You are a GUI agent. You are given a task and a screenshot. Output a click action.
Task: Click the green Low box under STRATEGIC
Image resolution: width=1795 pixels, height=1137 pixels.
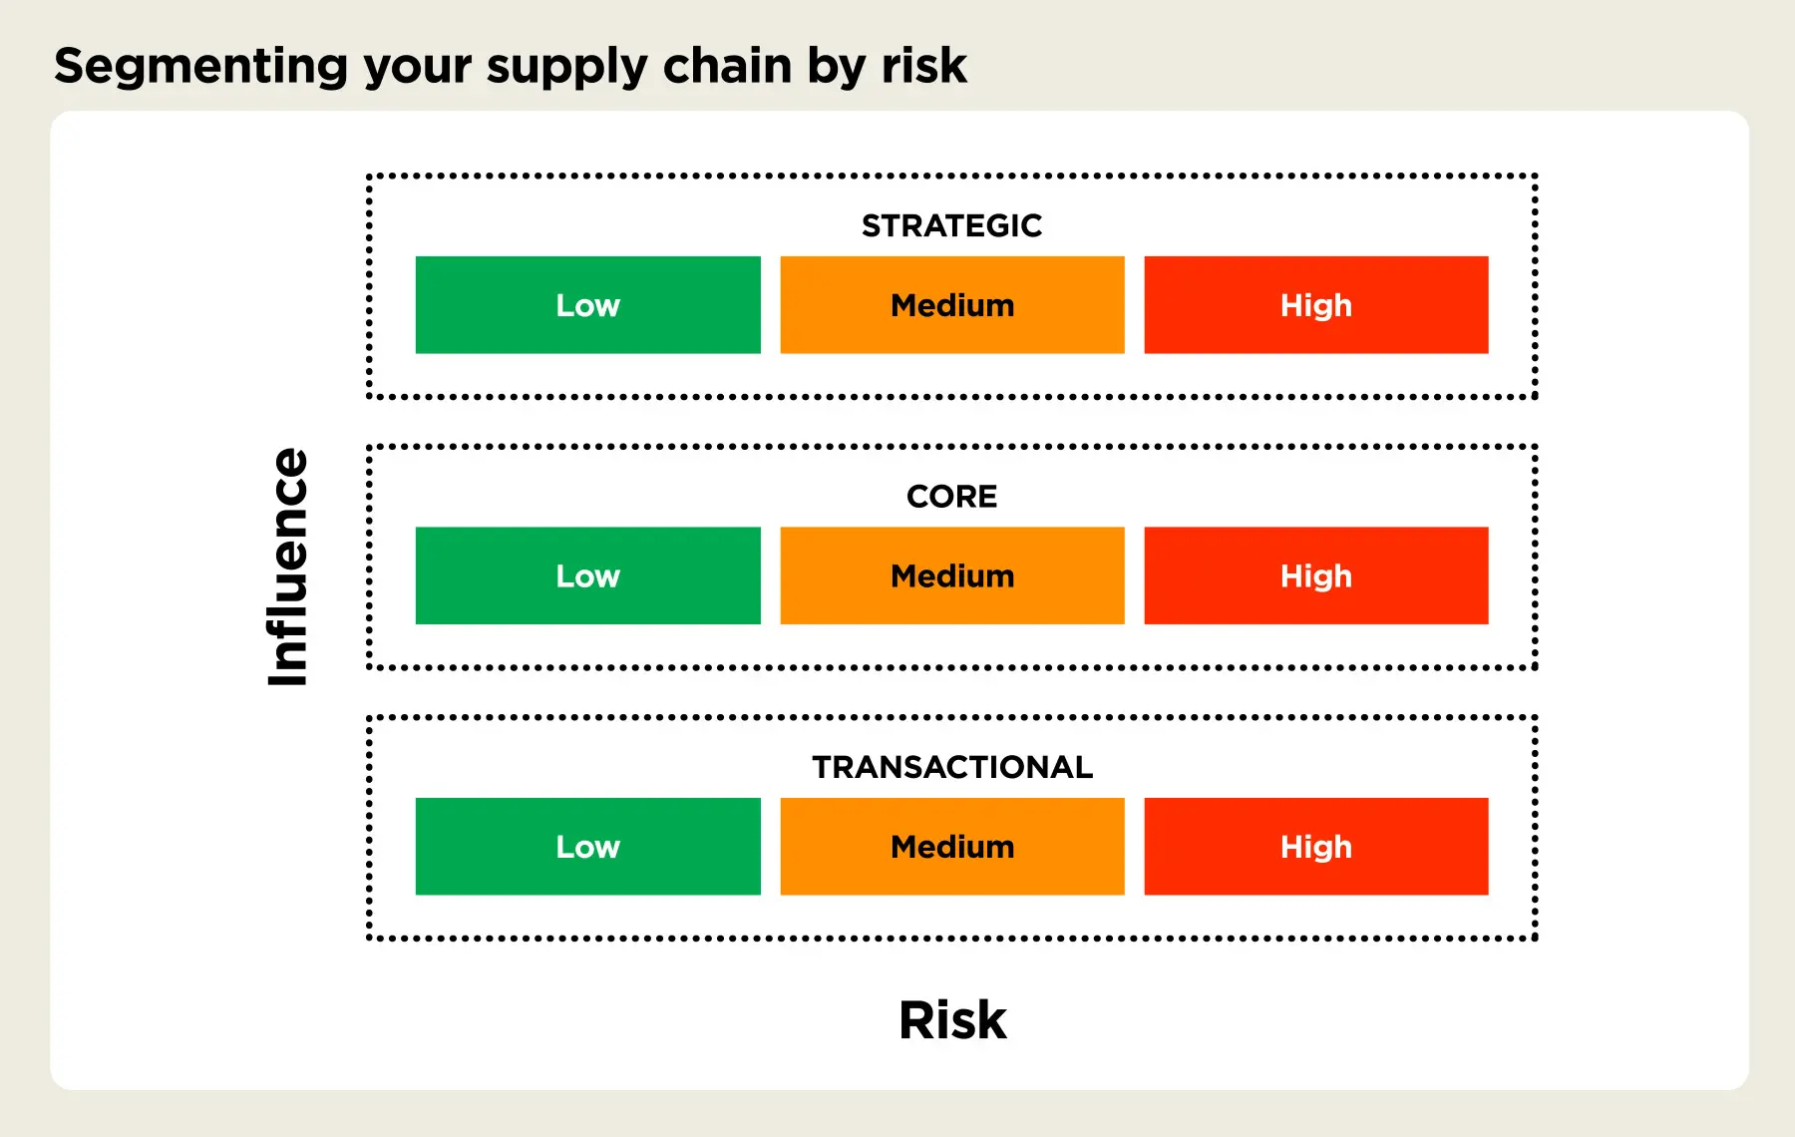[x=587, y=305]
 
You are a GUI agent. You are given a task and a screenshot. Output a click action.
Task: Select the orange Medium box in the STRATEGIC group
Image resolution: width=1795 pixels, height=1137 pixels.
[x=951, y=305]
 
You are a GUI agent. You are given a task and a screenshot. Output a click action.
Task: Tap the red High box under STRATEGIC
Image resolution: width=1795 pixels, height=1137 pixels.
[x=1315, y=305]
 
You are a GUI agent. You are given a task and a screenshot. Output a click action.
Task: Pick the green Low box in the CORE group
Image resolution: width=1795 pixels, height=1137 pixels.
[x=587, y=575]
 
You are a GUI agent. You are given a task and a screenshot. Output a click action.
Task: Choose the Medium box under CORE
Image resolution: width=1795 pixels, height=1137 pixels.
[x=951, y=575]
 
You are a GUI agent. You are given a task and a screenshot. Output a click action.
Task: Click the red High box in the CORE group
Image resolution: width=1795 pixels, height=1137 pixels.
[x=1315, y=575]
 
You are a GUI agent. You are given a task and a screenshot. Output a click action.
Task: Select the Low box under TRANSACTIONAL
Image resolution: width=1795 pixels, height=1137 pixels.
[x=587, y=847]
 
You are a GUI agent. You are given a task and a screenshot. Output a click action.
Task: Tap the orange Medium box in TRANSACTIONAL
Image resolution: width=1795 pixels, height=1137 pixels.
[x=951, y=847]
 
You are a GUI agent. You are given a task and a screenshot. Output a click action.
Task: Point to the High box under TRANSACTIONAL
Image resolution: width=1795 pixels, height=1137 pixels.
[x=1315, y=847]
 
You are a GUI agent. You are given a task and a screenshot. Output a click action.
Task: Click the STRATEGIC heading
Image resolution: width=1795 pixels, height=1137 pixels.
[x=951, y=225]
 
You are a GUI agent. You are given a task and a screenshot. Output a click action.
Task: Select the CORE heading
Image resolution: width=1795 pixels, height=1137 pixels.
[x=951, y=496]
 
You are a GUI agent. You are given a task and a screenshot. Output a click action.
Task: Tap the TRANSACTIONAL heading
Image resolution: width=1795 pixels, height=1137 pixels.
[x=951, y=767]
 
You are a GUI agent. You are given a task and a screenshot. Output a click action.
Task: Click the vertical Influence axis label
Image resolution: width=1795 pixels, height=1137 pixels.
[x=288, y=567]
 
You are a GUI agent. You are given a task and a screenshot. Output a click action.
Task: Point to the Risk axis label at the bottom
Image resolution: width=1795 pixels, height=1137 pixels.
[x=952, y=1019]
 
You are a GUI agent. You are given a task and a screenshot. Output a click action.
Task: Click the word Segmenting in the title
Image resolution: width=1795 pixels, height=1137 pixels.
[x=199, y=67]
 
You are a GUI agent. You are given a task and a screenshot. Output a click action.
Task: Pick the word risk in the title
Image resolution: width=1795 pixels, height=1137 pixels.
[x=923, y=67]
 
